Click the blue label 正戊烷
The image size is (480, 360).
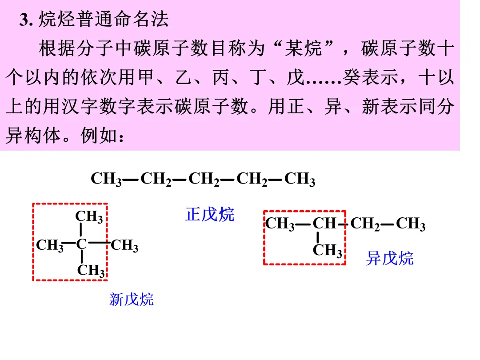209,214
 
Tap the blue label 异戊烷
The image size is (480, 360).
389,258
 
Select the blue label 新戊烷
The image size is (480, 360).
132,299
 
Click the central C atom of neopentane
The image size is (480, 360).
81,244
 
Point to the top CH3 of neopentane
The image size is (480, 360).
89,217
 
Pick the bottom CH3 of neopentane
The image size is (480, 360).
91,270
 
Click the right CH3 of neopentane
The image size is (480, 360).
124,245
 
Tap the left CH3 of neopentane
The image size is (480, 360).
50,245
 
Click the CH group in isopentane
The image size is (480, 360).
324,224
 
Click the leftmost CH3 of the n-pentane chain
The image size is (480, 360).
106,179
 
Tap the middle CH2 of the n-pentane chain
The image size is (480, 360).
204,179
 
